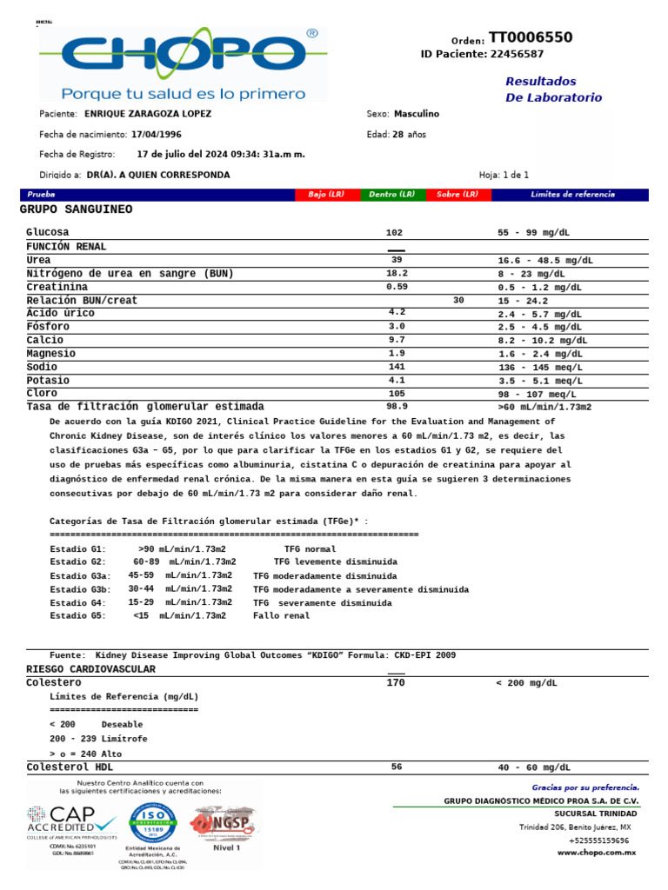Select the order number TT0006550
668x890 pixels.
pos(530,37)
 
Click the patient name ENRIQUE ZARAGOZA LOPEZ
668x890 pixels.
pos(147,114)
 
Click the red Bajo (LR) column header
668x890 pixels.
pos(327,195)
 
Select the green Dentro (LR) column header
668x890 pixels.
pos(392,195)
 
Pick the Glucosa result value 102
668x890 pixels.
pos(395,233)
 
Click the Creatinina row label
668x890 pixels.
pos(57,287)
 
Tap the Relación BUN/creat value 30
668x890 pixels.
pos(459,301)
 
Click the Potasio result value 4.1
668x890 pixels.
pos(397,381)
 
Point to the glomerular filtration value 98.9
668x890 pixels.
pos(397,407)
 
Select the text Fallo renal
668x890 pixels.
pos(281,616)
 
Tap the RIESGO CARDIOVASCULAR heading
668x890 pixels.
pos(91,669)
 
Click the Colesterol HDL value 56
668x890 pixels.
pos(397,767)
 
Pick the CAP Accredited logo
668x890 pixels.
pos(71,824)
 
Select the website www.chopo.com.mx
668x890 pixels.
pos(596,854)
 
